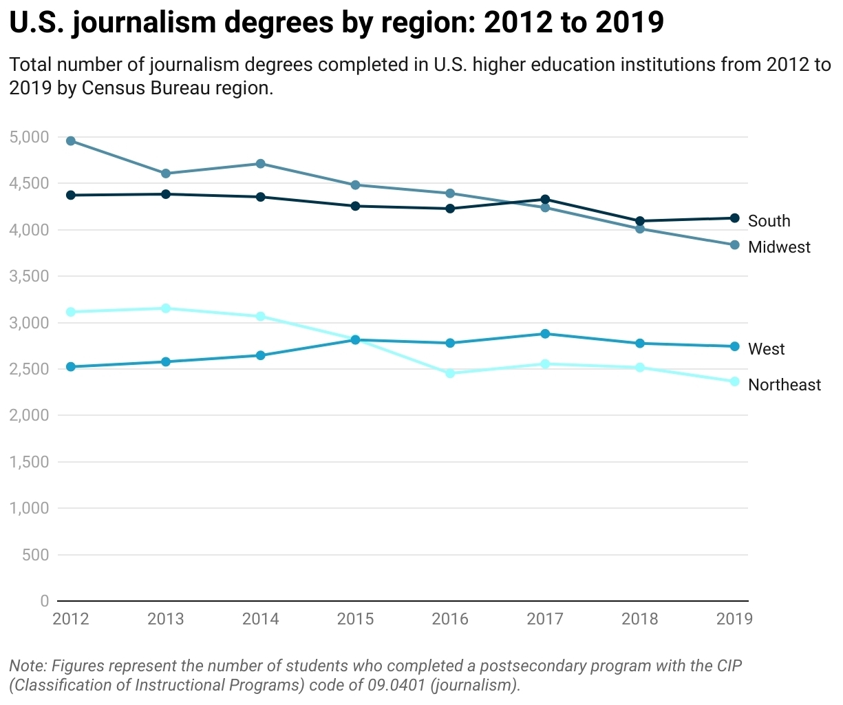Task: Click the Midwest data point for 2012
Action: [x=71, y=141]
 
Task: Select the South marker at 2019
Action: [x=734, y=218]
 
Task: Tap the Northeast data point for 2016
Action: [x=450, y=373]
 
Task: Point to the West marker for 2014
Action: [x=261, y=355]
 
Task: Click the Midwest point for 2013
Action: [x=166, y=173]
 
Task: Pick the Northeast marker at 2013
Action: [x=166, y=308]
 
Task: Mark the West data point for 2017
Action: [x=545, y=334]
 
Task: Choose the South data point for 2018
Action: [x=640, y=221]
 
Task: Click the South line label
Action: [x=769, y=221]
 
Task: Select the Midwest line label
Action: [x=779, y=247]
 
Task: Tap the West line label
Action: [x=766, y=349]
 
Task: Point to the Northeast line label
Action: [x=784, y=385]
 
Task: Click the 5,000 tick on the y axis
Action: [x=30, y=137]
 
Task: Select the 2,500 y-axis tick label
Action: [x=30, y=369]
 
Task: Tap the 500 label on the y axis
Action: [x=36, y=555]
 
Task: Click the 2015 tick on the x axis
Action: [x=355, y=619]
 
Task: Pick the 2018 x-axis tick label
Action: [x=640, y=619]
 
